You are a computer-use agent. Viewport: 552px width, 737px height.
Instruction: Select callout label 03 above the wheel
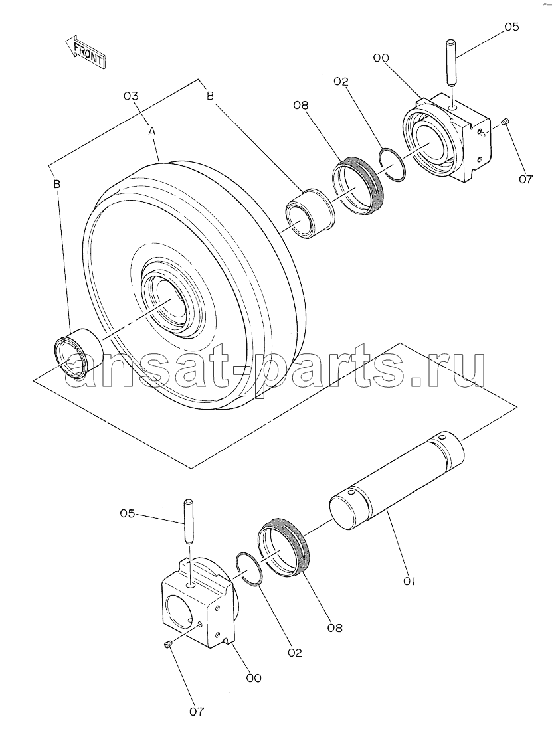click(131, 96)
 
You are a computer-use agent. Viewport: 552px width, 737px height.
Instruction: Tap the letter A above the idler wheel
click(152, 132)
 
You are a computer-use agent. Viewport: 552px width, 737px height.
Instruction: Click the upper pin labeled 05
click(451, 62)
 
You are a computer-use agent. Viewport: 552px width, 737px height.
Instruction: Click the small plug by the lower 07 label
click(167, 647)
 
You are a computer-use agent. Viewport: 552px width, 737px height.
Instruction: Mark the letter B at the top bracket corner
click(210, 96)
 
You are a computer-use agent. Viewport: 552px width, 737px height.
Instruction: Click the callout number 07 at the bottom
click(197, 712)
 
